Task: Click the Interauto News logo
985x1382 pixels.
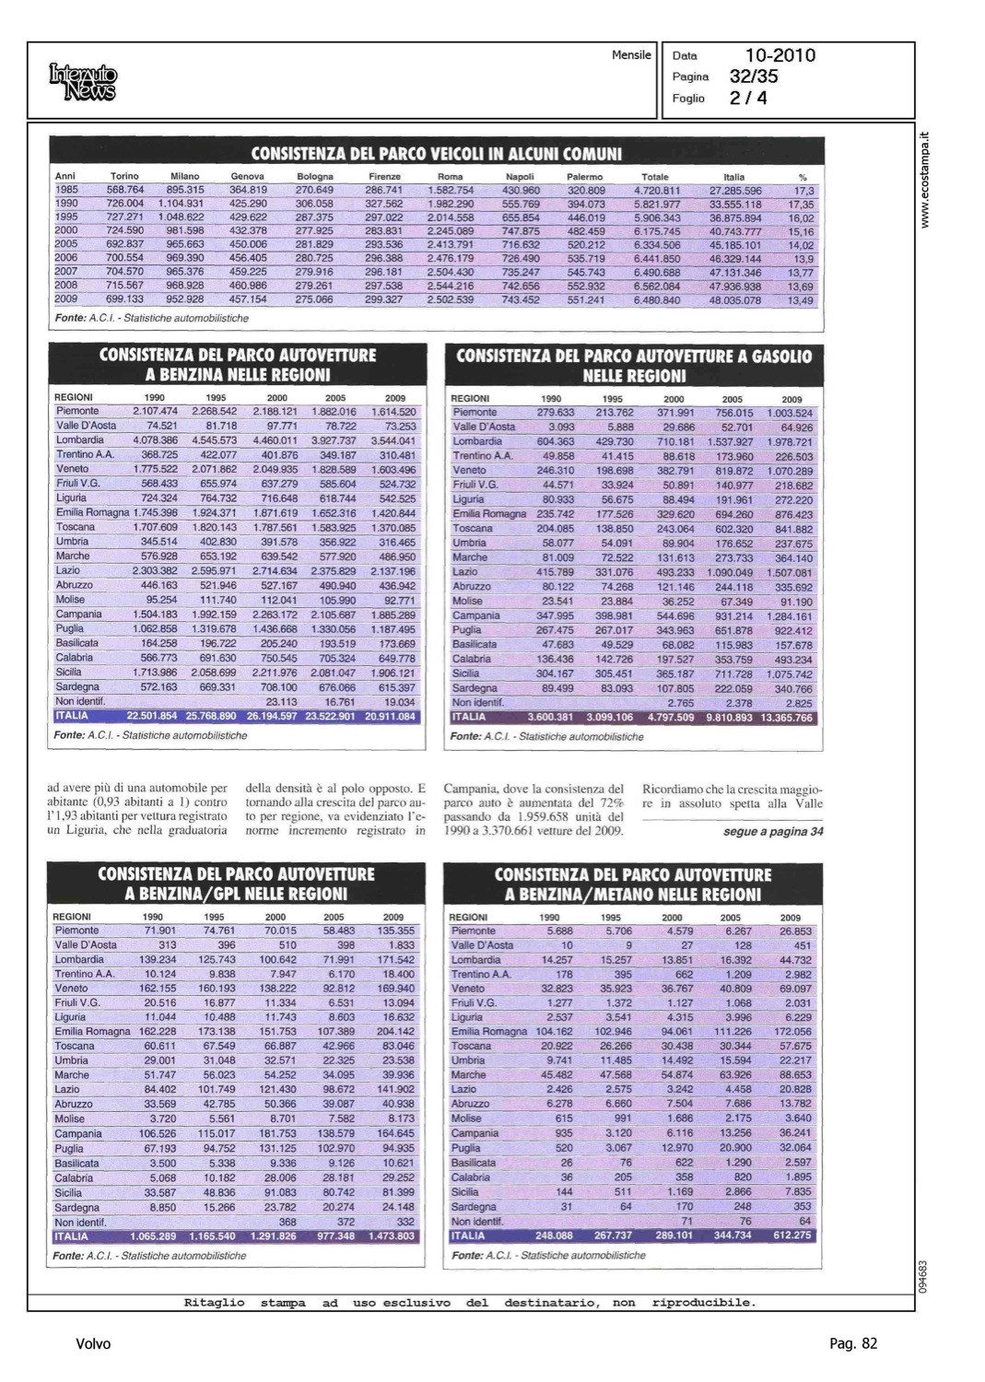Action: coord(84,82)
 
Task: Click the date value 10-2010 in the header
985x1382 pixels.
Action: coord(780,55)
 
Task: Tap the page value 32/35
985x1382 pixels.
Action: coord(754,76)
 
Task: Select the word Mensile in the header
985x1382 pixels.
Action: coord(631,55)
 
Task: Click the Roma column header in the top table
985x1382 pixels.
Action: coord(450,176)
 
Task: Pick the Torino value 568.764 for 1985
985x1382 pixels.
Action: coord(124,190)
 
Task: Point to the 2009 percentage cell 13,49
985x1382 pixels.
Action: coord(801,300)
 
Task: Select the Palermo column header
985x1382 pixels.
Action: coord(584,176)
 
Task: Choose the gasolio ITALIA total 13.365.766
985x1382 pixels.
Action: coord(786,718)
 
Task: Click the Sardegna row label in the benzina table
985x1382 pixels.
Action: coord(77,686)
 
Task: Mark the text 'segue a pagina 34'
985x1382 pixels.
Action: coord(773,832)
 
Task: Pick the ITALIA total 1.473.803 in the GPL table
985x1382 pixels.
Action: coord(392,1236)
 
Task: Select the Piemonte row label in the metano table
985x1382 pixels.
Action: coord(474,931)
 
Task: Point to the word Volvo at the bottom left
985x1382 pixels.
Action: coord(93,1344)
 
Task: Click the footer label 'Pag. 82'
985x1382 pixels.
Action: coord(853,1344)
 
